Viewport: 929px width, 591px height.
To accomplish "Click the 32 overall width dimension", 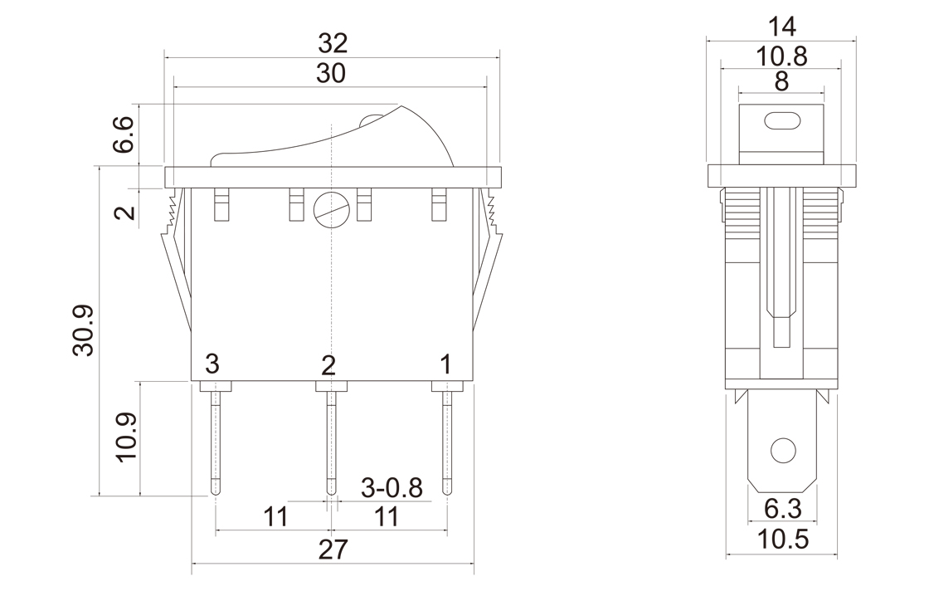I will tap(332, 42).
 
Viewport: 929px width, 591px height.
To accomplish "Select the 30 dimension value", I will tap(332, 73).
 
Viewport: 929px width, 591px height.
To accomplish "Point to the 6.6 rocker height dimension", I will tap(123, 134).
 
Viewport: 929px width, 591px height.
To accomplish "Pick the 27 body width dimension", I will tap(332, 549).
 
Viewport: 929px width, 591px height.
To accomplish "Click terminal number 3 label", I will tap(213, 364).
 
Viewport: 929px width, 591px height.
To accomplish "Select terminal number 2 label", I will tap(329, 364).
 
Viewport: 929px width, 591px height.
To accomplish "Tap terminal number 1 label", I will tap(445, 364).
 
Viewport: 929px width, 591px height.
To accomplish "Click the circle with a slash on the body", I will tap(330, 209).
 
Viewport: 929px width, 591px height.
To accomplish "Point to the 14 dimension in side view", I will tap(781, 26).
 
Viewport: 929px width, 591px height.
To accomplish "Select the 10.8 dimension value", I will tap(781, 56).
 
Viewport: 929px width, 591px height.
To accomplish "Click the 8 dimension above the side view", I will tap(781, 82).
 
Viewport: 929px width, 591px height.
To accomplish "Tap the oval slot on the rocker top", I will tap(781, 120).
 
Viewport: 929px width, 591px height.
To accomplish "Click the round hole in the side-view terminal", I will tap(781, 451).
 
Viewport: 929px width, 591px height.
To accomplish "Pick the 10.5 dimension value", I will tap(782, 540).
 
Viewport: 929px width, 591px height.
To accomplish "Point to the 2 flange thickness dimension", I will tap(124, 212).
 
